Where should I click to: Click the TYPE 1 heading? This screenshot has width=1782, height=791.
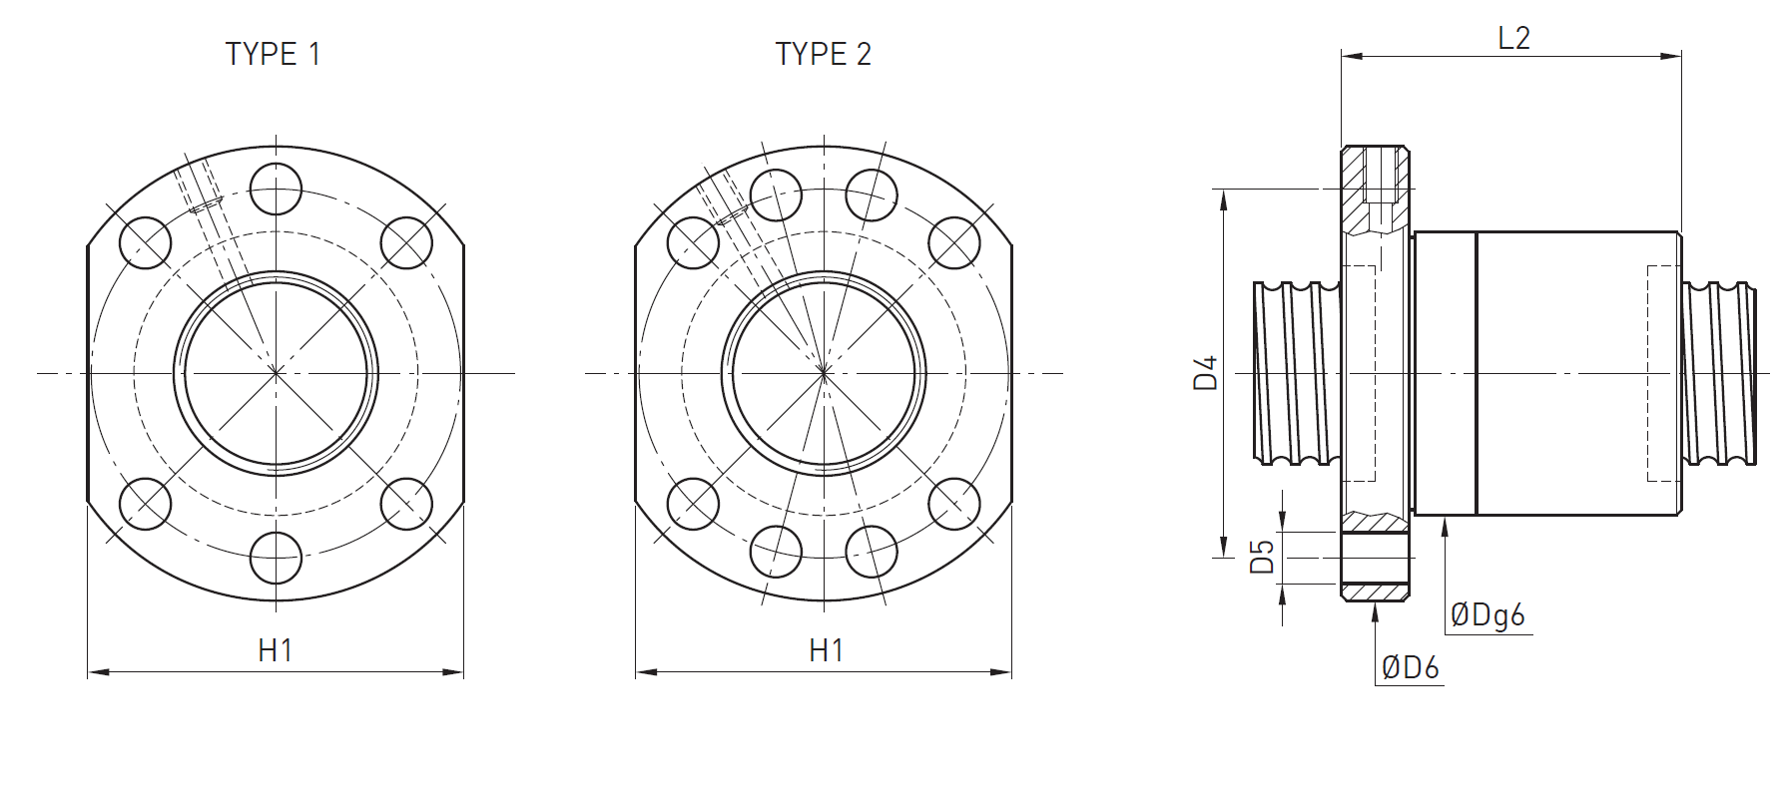(273, 54)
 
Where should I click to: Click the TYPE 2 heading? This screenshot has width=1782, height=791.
(823, 54)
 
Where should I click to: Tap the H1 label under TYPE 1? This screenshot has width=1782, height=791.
(276, 650)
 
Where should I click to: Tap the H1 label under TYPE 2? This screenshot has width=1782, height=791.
(827, 650)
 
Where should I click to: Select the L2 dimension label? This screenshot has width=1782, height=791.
(1513, 38)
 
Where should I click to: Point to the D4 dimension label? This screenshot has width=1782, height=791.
(1207, 372)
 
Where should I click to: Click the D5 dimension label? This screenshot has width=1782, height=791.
(1263, 557)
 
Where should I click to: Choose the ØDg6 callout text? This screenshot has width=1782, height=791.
(1487, 615)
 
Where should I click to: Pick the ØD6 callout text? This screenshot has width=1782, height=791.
(1410, 667)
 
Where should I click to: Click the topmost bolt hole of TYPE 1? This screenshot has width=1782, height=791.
(276, 189)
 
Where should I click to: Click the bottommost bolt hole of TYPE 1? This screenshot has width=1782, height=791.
(276, 558)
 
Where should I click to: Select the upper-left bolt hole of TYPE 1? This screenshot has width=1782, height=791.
(146, 242)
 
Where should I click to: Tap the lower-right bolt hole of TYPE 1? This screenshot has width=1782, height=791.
(406, 504)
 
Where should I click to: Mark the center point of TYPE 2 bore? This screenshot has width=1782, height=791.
(824, 373)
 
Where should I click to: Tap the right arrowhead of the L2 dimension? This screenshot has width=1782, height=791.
(1672, 56)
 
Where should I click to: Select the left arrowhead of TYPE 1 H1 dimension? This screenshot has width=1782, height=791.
(98, 672)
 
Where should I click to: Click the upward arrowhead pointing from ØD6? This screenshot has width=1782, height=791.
(1375, 612)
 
